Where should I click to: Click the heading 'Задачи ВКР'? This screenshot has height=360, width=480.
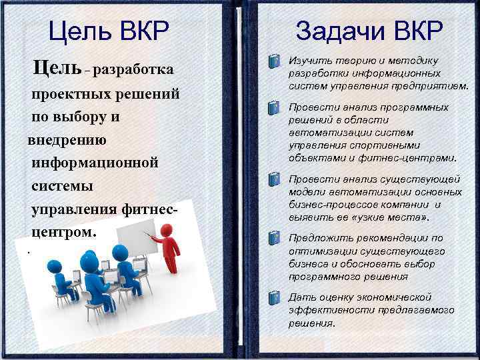(369, 31)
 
